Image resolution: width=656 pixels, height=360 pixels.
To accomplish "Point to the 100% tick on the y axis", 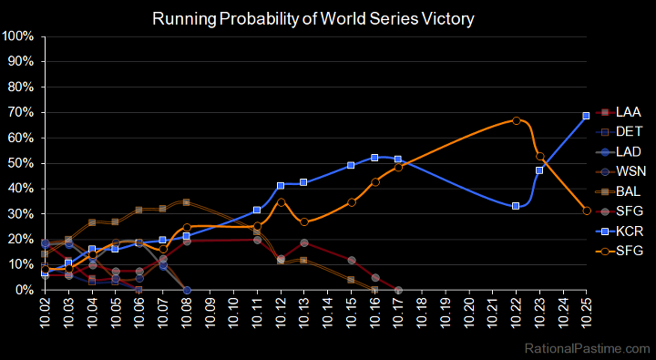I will tap(19, 36).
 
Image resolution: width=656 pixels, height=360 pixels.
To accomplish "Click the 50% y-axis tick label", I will tap(22, 163).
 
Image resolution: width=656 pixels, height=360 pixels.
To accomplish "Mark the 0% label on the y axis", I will tap(25, 290).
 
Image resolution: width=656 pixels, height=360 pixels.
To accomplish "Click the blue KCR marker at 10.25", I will tap(586, 116).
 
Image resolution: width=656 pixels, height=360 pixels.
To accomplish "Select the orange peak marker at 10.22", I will tap(517, 120).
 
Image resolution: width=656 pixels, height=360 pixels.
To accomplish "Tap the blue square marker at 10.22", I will tap(516, 206).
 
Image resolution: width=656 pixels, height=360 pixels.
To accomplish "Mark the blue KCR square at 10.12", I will tap(281, 185).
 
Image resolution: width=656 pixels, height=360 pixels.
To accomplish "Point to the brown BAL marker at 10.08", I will tap(186, 202).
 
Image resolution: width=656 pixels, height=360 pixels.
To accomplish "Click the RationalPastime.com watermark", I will tap(588, 348).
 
